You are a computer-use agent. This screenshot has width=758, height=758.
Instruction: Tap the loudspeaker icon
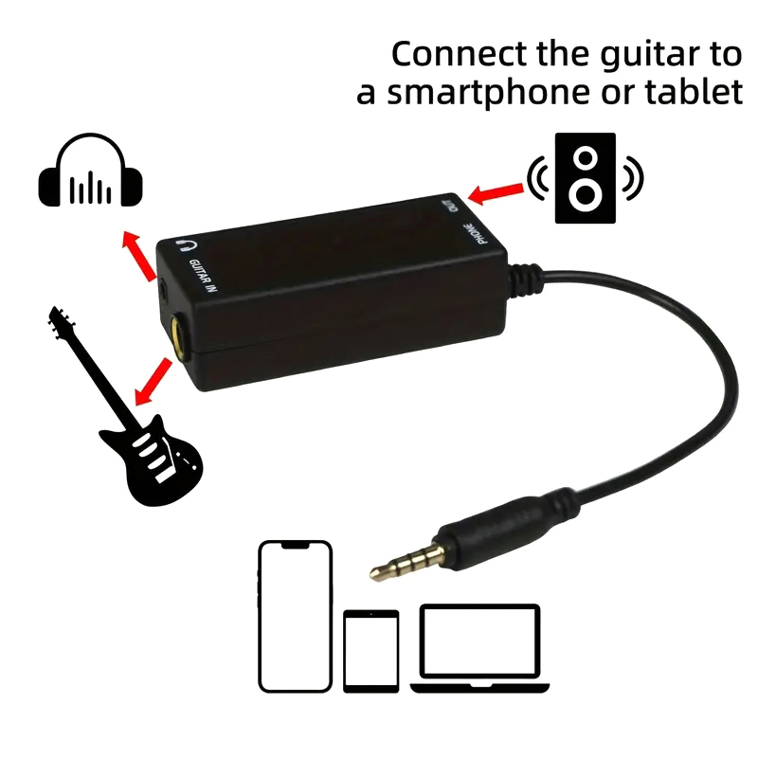coord(585,178)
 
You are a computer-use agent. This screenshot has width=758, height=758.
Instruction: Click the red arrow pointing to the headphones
coord(138,255)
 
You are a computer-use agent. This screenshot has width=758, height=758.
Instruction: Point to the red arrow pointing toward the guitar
coord(153,381)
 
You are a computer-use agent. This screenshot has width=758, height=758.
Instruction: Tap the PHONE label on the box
coord(475,233)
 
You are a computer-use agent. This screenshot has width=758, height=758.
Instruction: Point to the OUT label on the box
coord(450,204)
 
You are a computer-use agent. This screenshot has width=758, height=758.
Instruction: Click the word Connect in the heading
coord(459,54)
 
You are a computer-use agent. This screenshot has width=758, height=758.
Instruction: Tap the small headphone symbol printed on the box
coord(185,245)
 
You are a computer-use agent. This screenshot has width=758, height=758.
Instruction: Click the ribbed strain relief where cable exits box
coord(526,280)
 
